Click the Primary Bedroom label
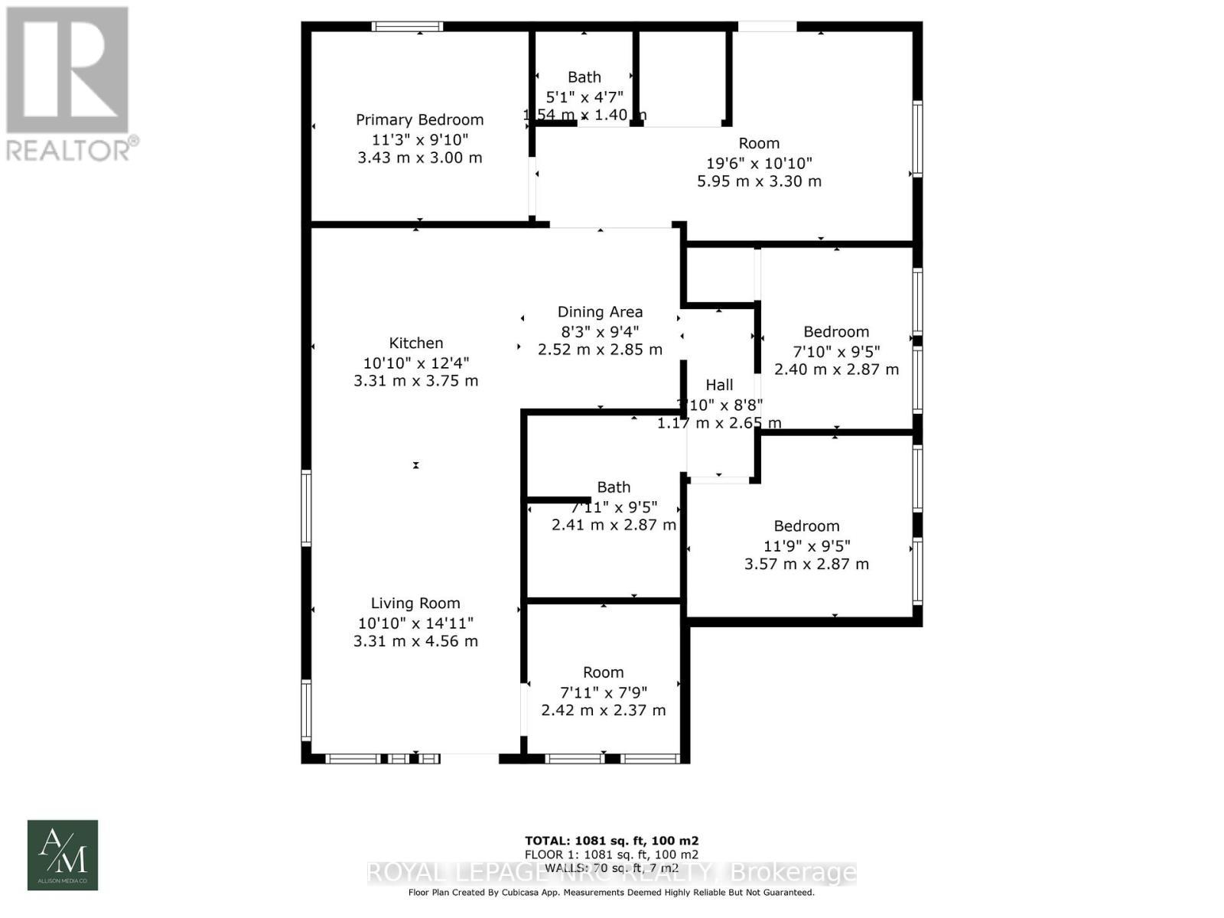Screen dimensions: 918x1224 coord(419,120)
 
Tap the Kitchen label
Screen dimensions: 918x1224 coord(415,343)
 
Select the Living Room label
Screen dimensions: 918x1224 coord(415,604)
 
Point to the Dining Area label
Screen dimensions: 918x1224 coord(600,312)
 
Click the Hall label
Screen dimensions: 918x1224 coord(719,386)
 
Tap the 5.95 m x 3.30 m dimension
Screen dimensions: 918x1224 coord(759,182)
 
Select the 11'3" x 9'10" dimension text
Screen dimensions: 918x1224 coord(419,140)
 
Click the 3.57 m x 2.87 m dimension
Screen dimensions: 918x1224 coord(806,565)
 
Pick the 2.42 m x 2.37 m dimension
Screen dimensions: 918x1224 coord(603,711)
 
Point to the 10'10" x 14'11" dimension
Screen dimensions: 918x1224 coord(415,623)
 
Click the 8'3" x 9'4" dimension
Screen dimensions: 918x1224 coord(600,332)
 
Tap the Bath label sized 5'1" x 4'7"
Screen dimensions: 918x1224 coord(584,77)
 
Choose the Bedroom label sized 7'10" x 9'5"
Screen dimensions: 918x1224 coord(836,332)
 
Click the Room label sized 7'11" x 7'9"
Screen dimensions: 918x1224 coord(603,672)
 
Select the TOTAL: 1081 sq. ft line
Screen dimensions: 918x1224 coord(611,841)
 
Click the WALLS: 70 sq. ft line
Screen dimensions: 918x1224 coord(611,868)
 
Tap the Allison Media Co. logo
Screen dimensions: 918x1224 coord(63,855)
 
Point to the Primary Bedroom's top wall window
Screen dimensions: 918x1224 coord(407,27)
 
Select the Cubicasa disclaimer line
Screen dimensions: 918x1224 coord(611,893)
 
